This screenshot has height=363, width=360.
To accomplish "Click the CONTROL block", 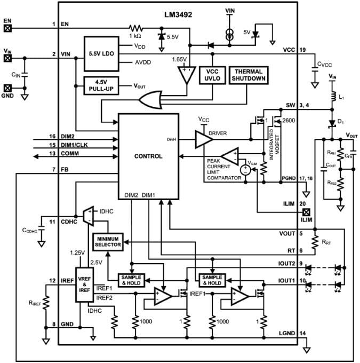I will [x=148, y=156].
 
